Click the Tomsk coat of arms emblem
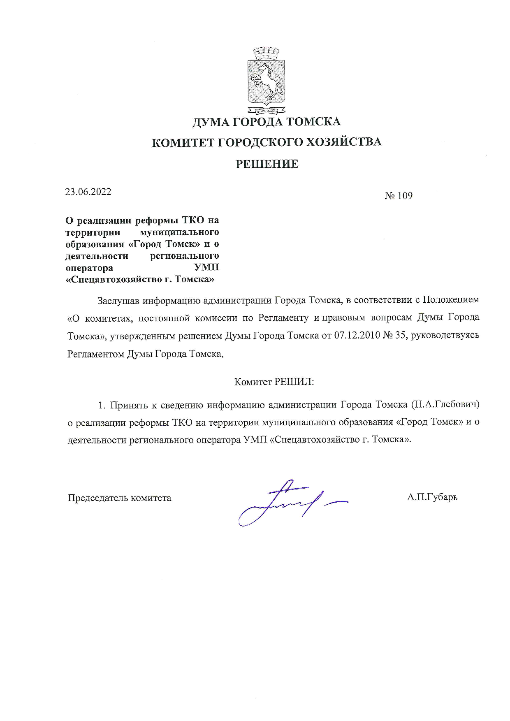click(x=266, y=81)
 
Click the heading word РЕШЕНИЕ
click(x=267, y=164)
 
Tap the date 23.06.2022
click(x=88, y=192)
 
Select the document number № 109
click(x=398, y=196)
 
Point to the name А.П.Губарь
click(x=432, y=497)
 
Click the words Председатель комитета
click(x=119, y=498)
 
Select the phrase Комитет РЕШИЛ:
click(x=274, y=382)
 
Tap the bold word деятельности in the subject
click(x=97, y=256)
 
